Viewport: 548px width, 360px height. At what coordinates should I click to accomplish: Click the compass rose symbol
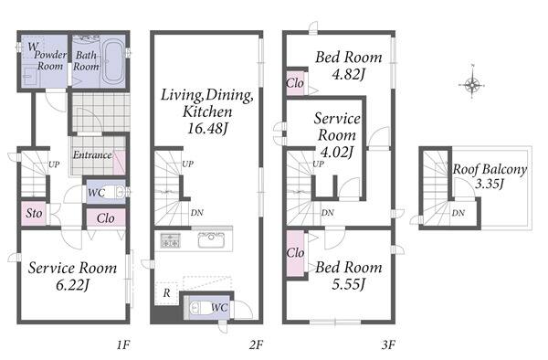[472, 84]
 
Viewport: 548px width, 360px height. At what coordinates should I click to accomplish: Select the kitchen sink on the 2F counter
[211, 239]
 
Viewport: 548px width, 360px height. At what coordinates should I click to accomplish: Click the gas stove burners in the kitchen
[171, 240]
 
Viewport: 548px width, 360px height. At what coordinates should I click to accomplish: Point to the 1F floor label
[123, 345]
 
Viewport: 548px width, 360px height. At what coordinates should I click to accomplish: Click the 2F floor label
[256, 345]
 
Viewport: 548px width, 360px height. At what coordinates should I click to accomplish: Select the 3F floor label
[388, 345]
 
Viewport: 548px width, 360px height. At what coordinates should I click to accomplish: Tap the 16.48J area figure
[207, 129]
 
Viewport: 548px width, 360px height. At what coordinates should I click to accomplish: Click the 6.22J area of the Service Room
[72, 285]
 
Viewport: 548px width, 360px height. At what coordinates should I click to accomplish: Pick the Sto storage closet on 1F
[34, 213]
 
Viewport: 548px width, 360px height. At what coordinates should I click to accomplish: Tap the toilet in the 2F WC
[199, 308]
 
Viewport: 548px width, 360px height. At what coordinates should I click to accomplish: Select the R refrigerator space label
[167, 293]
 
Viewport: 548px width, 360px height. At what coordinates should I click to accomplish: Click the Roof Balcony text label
[490, 170]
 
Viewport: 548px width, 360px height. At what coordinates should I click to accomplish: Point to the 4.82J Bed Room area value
[349, 74]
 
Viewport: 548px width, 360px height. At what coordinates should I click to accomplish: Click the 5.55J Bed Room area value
[349, 284]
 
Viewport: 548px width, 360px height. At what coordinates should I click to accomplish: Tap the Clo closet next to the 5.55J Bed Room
[295, 253]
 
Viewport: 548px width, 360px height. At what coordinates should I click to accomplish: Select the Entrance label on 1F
[92, 154]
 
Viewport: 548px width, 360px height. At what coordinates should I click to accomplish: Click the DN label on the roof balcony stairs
[458, 213]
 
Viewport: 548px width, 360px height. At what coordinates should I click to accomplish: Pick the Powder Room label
[50, 60]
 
